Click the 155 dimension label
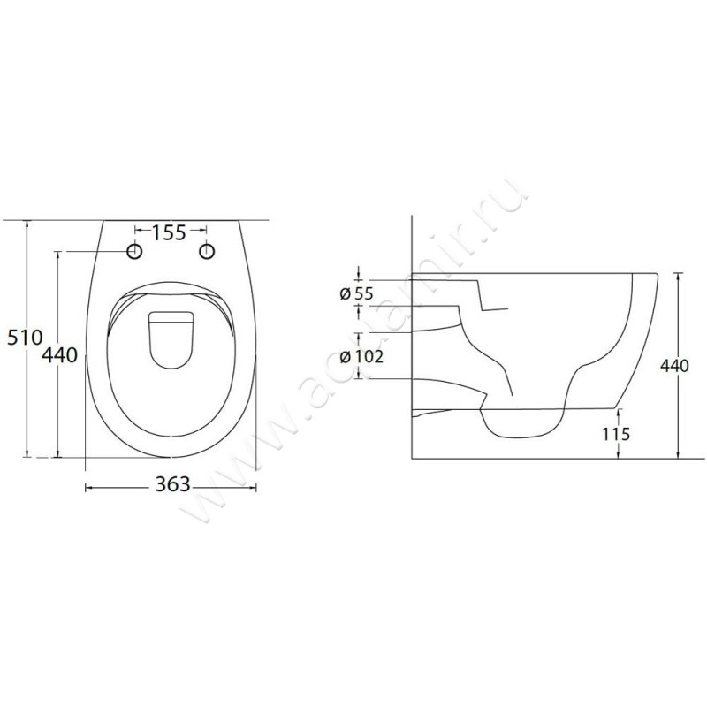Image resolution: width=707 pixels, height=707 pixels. pyautogui.click(x=168, y=232)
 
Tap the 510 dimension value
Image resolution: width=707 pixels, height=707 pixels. pyautogui.click(x=25, y=338)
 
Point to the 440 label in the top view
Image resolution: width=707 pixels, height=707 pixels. pyautogui.click(x=59, y=355)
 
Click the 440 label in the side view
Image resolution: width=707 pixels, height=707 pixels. pyautogui.click(x=675, y=366)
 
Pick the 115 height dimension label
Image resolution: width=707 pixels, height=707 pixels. pyautogui.click(x=616, y=434)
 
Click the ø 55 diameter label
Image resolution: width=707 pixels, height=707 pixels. pyautogui.click(x=357, y=294)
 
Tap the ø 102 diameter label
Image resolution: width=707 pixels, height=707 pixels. pyautogui.click(x=361, y=357)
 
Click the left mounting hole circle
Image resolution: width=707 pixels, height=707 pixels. pyautogui.click(x=135, y=251)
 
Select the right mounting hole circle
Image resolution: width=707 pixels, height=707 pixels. pyautogui.click(x=207, y=251)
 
